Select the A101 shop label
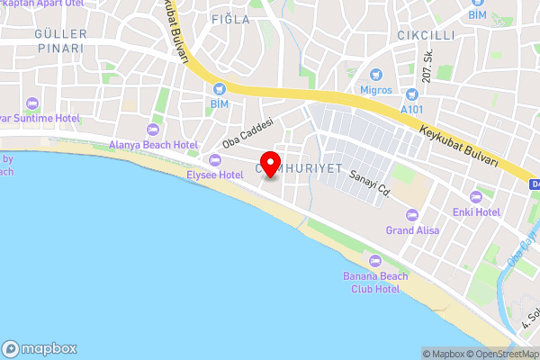(413, 109)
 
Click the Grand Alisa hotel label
(412, 230)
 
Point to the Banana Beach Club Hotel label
(371, 282)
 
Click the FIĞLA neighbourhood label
(229, 19)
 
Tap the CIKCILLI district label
(427, 35)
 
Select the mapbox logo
(40, 348)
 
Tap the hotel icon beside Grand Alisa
(412, 214)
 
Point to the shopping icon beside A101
(413, 94)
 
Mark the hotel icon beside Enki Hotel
(476, 195)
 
